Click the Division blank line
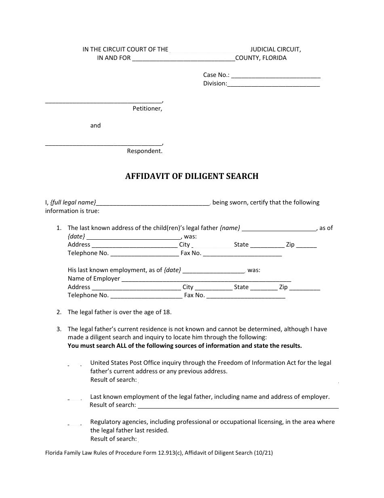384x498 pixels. point(274,84)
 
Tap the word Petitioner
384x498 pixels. point(147,109)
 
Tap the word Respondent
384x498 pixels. point(145,151)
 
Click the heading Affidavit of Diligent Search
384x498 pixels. point(192,176)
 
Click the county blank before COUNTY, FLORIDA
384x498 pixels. point(184,59)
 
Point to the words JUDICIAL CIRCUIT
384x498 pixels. point(275,49)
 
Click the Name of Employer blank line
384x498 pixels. point(206,279)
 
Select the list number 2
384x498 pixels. point(59,312)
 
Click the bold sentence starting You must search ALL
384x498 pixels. point(185,346)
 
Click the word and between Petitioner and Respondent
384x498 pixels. point(95,126)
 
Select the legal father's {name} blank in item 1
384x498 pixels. point(279,229)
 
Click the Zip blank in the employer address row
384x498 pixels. point(305,288)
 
